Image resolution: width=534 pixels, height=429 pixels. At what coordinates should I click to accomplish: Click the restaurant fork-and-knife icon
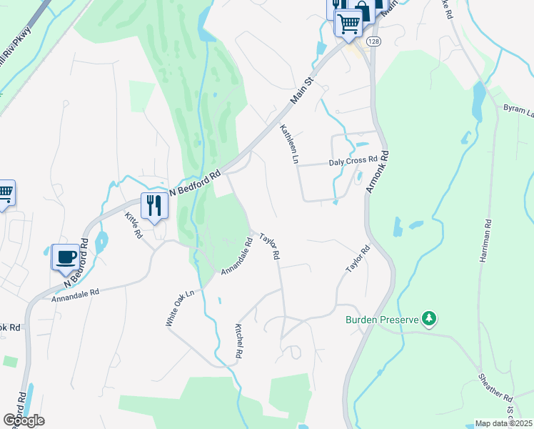point(154,206)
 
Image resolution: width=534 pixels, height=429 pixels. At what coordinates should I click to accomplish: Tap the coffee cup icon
point(66,257)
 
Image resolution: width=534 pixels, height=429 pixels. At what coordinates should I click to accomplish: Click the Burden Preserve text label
point(381,320)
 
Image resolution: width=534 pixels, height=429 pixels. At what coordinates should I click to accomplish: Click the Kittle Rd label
point(133,225)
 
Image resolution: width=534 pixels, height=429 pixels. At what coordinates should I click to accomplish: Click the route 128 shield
point(376,41)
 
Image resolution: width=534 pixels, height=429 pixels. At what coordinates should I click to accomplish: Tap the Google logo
point(24,420)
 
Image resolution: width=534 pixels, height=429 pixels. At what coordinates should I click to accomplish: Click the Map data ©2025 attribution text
point(504,423)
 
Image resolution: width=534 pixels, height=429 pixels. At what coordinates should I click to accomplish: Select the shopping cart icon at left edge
point(5,192)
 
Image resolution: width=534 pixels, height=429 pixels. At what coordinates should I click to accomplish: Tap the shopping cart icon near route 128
point(348,23)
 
